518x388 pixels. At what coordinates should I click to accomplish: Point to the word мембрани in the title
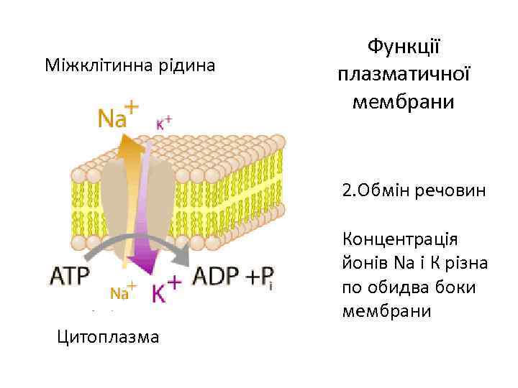404,101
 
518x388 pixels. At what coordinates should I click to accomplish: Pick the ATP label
71,276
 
